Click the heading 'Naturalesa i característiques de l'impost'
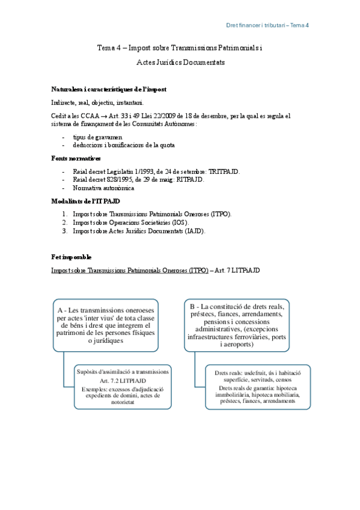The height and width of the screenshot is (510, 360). coord(109,89)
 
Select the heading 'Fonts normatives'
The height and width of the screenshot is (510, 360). coord(76,158)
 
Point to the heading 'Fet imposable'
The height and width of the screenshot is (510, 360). coord(72,257)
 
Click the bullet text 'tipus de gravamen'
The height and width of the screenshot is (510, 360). coord(97,137)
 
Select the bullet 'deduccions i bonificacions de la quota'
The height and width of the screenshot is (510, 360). coord(125,146)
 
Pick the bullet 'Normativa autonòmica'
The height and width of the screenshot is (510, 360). coord(103,188)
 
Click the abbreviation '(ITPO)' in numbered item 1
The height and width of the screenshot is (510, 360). coord(219,214)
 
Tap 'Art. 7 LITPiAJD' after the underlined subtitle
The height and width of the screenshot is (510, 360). coord(237,271)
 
